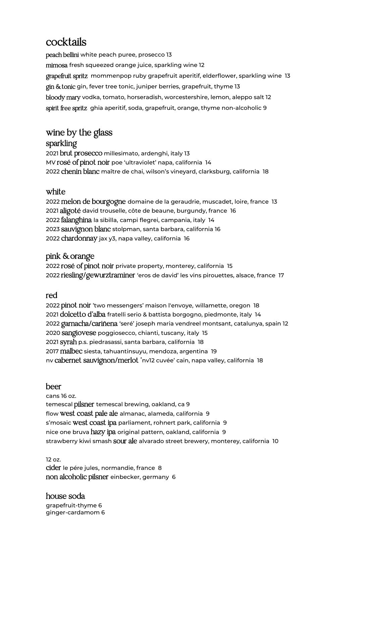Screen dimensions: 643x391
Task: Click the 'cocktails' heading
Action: tap(66, 42)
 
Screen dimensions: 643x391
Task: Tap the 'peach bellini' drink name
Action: tap(62, 55)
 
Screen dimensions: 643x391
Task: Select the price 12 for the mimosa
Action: tap(202, 65)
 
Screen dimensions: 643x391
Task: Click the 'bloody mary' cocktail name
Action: tap(63, 97)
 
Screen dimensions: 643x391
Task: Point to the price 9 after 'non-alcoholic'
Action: tap(265, 108)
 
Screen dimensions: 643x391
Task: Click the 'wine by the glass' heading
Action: tap(79, 133)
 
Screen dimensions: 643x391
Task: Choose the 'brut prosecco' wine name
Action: tap(81, 153)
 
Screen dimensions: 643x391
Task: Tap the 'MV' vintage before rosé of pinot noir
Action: tap(51, 163)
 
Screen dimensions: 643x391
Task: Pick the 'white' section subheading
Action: tap(56, 192)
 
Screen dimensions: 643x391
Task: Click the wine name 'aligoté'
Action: tap(70, 211)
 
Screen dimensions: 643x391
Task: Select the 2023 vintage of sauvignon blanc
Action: tap(53, 229)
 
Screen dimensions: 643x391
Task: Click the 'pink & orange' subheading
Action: tap(70, 257)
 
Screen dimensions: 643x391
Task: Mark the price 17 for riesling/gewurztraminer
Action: tap(281, 275)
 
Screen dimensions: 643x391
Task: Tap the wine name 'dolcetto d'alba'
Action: tap(82, 314)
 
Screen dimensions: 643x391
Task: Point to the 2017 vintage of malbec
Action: tap(52, 351)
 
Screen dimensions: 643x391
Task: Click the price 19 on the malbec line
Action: tap(214, 351)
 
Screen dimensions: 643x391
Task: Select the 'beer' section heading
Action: tap(54, 387)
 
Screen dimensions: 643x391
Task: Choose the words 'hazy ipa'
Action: tap(103, 432)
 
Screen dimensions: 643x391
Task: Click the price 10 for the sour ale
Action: tap(275, 441)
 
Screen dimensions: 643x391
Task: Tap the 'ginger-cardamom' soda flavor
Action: tap(73, 512)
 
